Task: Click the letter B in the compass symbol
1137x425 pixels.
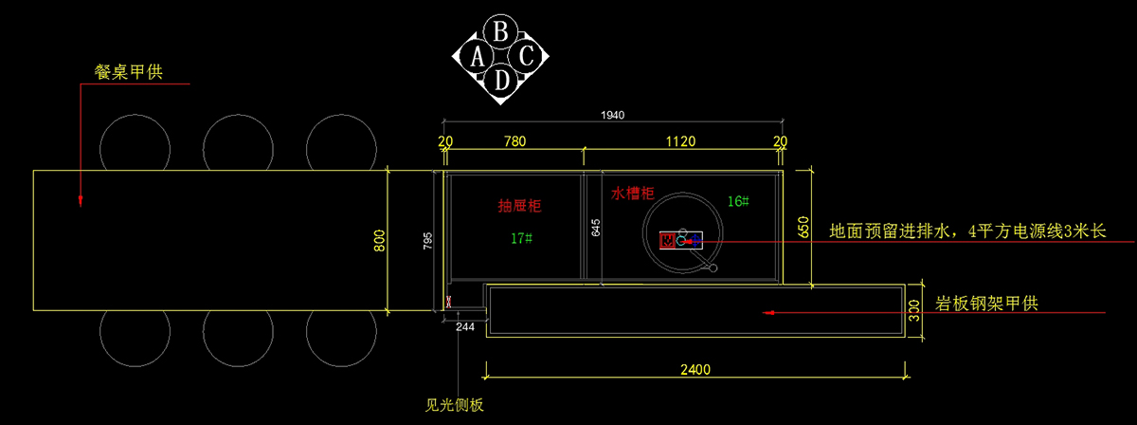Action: pyautogui.click(x=502, y=30)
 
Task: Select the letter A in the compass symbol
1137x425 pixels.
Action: pyautogui.click(x=478, y=56)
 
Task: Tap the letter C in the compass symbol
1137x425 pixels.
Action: pyautogui.click(x=528, y=55)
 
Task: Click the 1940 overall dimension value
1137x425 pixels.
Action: pyautogui.click(x=613, y=115)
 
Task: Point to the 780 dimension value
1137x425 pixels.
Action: pyautogui.click(x=514, y=141)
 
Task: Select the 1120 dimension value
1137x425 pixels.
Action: pyautogui.click(x=680, y=141)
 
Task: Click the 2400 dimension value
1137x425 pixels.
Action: pyautogui.click(x=695, y=369)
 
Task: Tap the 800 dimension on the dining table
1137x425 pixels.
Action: pyautogui.click(x=380, y=242)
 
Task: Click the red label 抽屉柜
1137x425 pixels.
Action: pyautogui.click(x=520, y=205)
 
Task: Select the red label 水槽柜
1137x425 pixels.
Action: pyautogui.click(x=632, y=194)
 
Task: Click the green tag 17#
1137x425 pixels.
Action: pyautogui.click(x=520, y=238)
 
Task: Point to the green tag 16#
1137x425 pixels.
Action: pyautogui.click(x=738, y=201)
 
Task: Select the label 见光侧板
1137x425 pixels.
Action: pyautogui.click(x=455, y=405)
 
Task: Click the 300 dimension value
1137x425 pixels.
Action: pyautogui.click(x=914, y=310)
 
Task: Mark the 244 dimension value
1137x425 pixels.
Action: pyautogui.click(x=465, y=327)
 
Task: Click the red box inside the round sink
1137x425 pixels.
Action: pyautogui.click(x=668, y=240)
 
